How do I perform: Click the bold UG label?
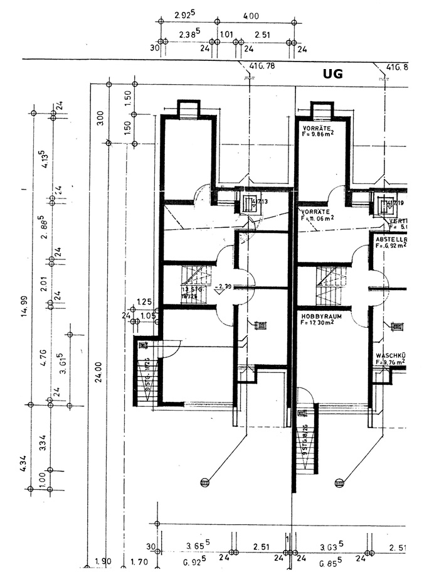tap(332, 74)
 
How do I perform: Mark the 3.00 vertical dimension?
tap(100, 117)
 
